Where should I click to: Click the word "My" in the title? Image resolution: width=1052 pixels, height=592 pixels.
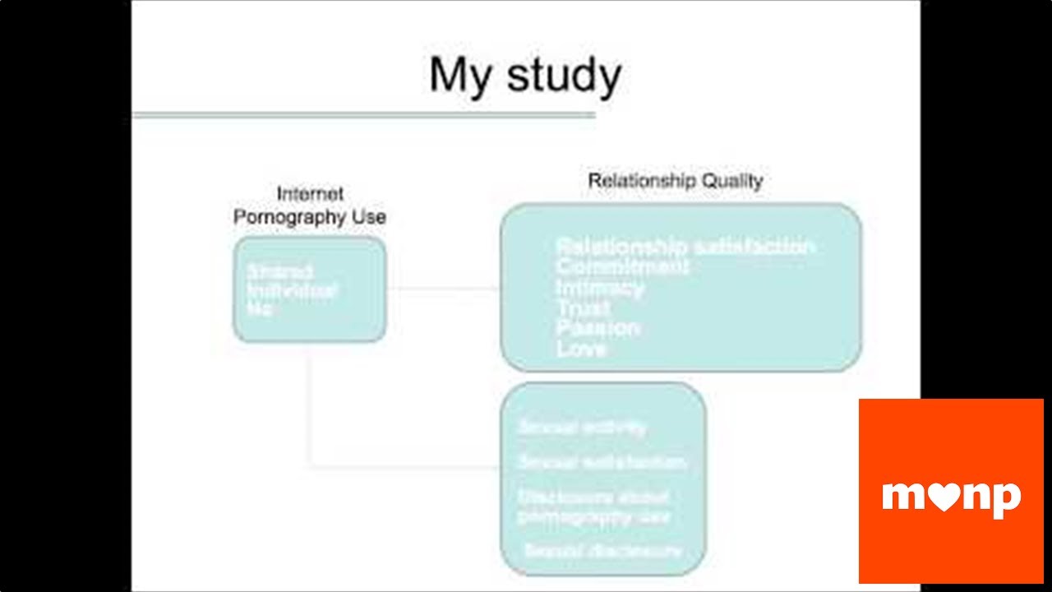[462, 76]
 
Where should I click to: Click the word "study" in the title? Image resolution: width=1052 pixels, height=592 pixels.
[563, 76]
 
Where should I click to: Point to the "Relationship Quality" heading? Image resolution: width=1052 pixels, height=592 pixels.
[675, 181]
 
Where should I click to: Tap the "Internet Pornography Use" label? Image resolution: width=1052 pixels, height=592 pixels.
[310, 206]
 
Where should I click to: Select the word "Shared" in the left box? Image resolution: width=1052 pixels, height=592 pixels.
[279, 271]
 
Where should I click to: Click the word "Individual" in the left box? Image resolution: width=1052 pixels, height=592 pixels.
[292, 290]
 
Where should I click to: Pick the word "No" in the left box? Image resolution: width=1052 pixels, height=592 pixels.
[259, 309]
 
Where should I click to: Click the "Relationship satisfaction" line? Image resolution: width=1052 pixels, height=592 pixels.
[685, 247]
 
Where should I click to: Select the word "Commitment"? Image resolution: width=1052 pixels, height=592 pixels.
[622, 266]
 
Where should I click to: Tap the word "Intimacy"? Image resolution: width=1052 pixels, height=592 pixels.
[599, 287]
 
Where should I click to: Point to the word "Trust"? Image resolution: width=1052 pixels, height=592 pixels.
[583, 308]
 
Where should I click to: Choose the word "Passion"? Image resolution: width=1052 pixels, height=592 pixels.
[598, 328]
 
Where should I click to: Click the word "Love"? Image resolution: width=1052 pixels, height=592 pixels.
[581, 349]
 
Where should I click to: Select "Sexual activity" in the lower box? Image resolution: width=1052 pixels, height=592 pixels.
[582, 428]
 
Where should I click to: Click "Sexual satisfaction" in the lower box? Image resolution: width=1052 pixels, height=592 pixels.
[602, 462]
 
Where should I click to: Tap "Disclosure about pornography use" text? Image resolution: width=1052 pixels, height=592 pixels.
[593, 506]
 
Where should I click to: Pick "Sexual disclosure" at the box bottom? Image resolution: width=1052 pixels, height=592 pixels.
[602, 550]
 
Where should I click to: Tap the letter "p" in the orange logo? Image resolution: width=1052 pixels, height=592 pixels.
[1007, 499]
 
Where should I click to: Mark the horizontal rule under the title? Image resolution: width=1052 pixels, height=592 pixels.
[363, 115]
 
